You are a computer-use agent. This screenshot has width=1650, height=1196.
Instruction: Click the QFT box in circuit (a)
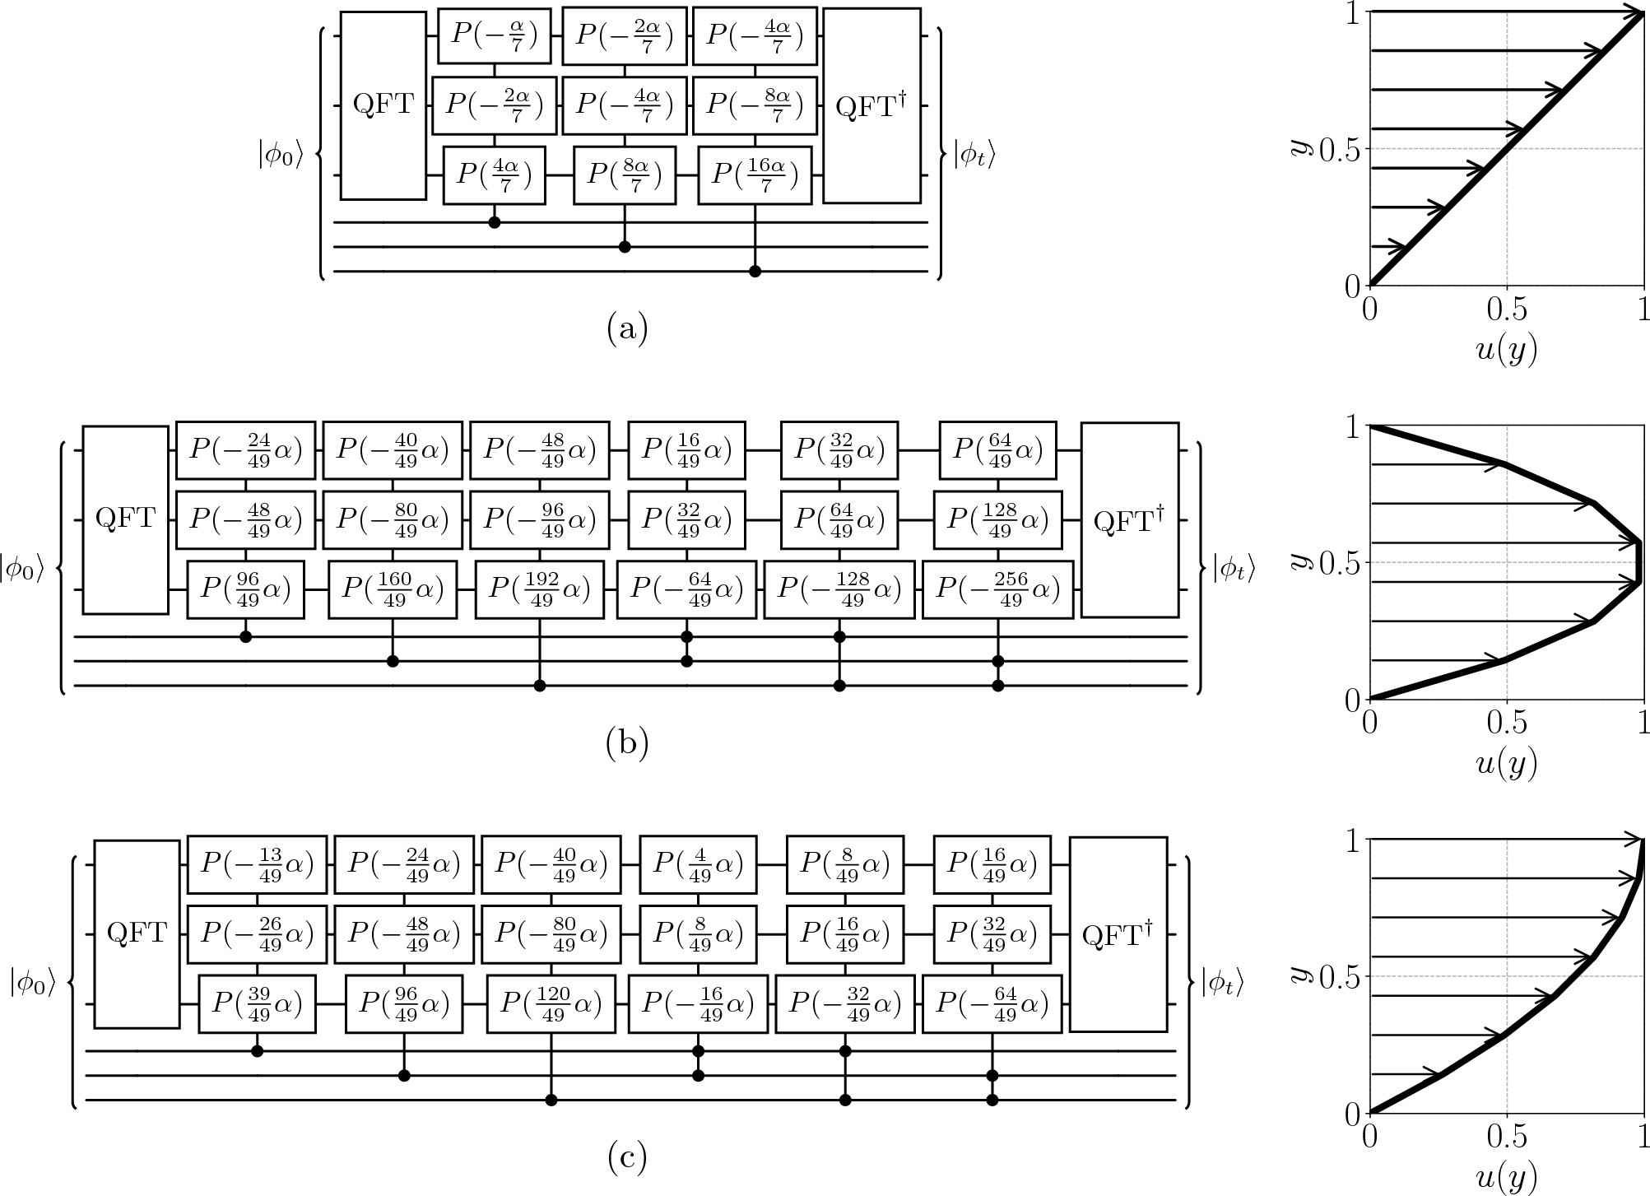[x=383, y=105]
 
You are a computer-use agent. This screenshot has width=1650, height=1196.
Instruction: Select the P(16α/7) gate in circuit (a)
[x=755, y=175]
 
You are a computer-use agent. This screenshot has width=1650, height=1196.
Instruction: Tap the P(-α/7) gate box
[x=494, y=35]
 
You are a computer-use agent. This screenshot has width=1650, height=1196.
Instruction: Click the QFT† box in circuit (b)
[x=1129, y=520]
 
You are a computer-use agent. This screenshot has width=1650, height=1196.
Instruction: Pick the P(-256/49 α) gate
[x=997, y=589]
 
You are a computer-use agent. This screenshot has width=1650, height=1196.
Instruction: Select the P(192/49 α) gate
[x=540, y=589]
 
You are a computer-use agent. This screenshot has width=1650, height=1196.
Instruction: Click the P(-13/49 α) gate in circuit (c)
[x=257, y=864]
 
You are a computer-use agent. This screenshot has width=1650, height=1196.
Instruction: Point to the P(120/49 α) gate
[x=551, y=1004]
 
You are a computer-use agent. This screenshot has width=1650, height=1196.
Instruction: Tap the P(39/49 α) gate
[x=257, y=1004]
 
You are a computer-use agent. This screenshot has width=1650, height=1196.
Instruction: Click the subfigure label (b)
[x=627, y=743]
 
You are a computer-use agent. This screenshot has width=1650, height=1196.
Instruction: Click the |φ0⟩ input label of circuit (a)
[x=281, y=155]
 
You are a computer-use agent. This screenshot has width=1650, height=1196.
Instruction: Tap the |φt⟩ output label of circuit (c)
[x=1222, y=981]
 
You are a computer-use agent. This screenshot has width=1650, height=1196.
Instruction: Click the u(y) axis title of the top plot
[x=1506, y=350]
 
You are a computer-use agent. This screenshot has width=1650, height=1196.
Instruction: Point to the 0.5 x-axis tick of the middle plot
[x=1506, y=724]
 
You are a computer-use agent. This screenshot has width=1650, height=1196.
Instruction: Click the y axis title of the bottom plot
[x=1299, y=974]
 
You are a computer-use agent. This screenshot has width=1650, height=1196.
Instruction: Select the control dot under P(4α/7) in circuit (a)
[x=494, y=222]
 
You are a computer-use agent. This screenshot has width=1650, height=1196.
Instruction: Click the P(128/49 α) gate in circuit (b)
[x=997, y=520]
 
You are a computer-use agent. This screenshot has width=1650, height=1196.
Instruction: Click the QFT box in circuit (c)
[x=137, y=933]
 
